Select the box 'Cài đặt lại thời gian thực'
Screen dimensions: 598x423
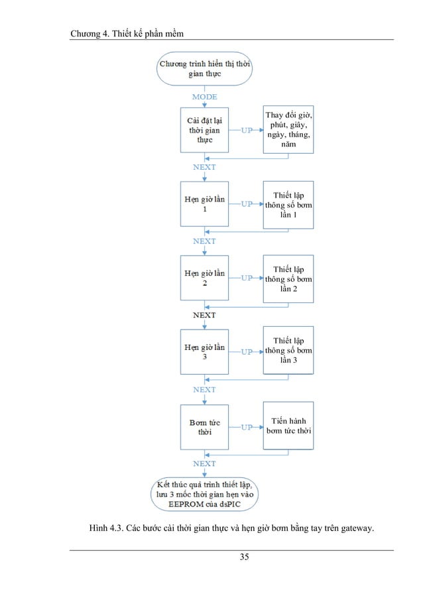(205, 130)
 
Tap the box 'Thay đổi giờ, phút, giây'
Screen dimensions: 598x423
(288, 130)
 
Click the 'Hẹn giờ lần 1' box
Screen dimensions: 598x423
(205, 204)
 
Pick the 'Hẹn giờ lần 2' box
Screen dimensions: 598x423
(205, 278)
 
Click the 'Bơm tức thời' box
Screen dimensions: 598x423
(205, 427)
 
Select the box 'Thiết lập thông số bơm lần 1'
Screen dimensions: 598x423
(288, 204)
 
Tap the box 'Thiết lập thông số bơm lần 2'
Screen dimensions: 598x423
(288, 278)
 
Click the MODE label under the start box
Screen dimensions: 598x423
(204, 97)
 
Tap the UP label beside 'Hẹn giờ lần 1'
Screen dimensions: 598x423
(246, 204)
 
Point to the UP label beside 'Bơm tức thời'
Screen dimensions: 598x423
(246, 428)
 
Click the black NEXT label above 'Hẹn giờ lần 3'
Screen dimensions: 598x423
(204, 316)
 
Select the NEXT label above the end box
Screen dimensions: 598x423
(204, 463)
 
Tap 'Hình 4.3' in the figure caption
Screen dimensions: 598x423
(105, 528)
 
